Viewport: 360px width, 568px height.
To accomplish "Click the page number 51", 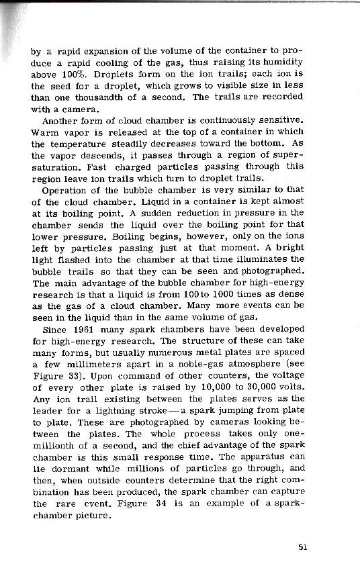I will point(303,547).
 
